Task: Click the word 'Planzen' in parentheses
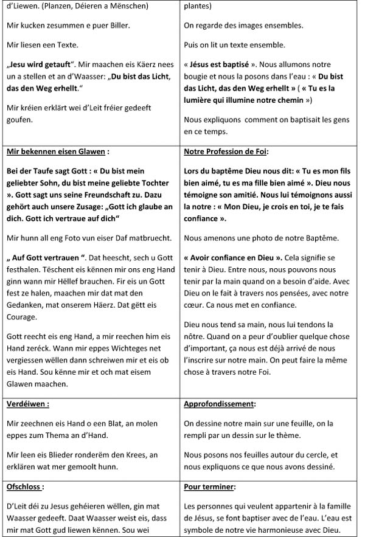click(57, 6)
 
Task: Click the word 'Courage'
click(22, 316)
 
